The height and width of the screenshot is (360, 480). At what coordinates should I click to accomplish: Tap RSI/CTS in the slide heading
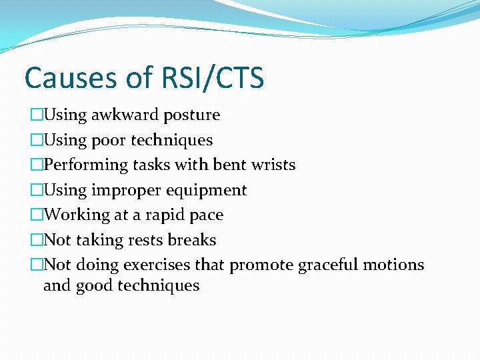(x=213, y=78)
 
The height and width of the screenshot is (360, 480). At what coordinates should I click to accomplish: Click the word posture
(x=191, y=115)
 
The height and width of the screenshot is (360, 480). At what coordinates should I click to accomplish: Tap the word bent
(x=225, y=165)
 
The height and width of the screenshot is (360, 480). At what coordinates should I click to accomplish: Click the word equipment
(x=207, y=191)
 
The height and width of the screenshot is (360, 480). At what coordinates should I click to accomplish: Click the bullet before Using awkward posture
(x=36, y=115)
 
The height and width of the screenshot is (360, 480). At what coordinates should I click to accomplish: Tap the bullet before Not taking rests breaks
(x=36, y=240)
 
